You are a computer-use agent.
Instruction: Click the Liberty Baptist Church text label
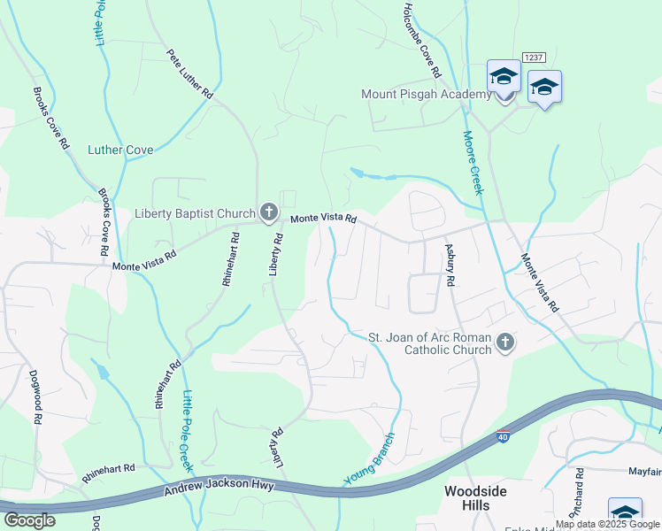[x=195, y=213]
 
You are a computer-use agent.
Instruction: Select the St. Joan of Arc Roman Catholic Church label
[x=430, y=343]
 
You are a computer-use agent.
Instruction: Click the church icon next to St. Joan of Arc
[x=504, y=342]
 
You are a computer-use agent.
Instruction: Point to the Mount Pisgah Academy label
[x=426, y=95]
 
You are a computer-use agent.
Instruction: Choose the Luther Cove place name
[x=120, y=150]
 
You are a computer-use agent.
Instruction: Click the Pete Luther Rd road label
[x=190, y=73]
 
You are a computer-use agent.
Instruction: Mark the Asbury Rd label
[x=450, y=265]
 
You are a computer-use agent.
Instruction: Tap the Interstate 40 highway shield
[x=503, y=437]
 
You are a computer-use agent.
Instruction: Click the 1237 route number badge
[x=533, y=57]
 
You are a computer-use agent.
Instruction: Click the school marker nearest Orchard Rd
[x=624, y=512]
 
